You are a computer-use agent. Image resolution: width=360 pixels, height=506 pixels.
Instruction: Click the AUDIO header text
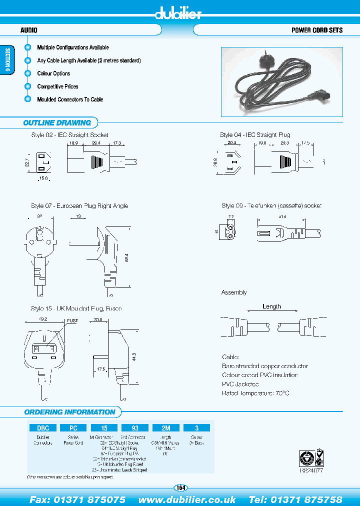tap(28, 30)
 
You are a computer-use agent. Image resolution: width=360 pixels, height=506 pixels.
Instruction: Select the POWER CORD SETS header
tap(317, 30)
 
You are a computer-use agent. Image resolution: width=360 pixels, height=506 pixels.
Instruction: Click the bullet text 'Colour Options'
tap(53, 73)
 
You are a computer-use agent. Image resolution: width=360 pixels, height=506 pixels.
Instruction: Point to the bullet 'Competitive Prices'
tap(57, 86)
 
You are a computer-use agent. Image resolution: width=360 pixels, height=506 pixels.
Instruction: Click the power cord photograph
tap(281, 82)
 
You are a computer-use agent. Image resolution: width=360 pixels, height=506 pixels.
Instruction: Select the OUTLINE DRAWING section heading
tap(57, 123)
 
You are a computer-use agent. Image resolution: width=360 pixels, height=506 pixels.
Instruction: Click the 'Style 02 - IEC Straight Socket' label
tap(69, 135)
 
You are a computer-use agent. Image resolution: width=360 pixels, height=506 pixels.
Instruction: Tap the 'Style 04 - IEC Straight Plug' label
tap(255, 135)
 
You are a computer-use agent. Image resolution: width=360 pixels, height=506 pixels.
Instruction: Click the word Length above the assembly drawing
tap(271, 306)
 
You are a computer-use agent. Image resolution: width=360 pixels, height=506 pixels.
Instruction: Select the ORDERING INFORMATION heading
tap(69, 412)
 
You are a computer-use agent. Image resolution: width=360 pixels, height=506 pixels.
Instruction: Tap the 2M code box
tap(166, 428)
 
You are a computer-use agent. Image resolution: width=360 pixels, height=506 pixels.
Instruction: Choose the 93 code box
tap(135, 428)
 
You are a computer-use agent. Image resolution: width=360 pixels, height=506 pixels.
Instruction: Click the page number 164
tap(180, 488)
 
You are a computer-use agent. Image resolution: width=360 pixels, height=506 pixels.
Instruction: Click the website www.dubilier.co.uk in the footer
tap(187, 499)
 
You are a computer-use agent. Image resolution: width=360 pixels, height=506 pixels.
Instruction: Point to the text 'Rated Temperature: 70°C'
tap(255, 393)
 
